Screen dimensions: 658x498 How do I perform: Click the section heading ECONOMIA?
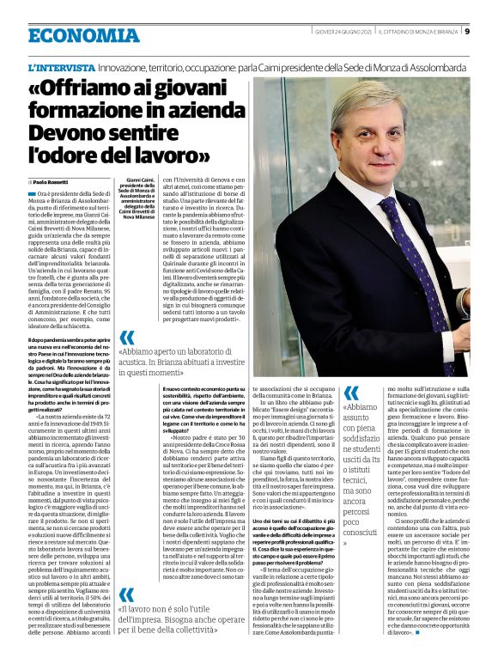[83, 35]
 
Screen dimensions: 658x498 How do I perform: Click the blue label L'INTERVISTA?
[61, 66]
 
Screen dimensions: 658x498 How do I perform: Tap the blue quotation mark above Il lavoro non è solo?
[127, 594]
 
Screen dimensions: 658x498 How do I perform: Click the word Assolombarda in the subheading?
[434, 67]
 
